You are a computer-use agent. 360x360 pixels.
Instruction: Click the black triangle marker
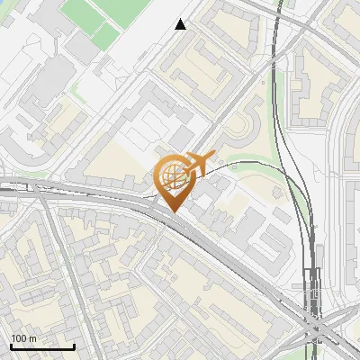[x=181, y=24]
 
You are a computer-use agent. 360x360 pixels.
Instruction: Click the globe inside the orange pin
[x=172, y=175]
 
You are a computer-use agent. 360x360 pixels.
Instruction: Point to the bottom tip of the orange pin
[x=172, y=211]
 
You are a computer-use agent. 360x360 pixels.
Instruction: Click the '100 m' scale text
[x=23, y=338]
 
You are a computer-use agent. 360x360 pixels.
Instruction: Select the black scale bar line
[x=41, y=346]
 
